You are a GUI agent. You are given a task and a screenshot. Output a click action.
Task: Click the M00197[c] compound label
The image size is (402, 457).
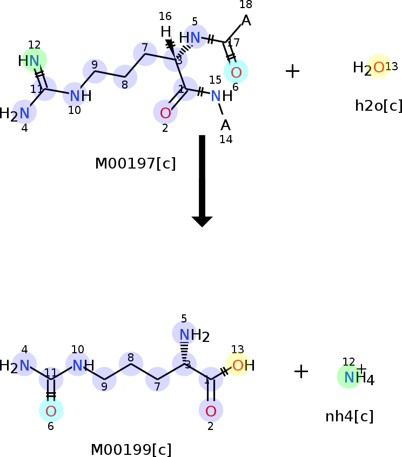pyautogui.click(x=135, y=163)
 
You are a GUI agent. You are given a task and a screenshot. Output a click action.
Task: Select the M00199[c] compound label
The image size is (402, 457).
pyautogui.click(x=131, y=449)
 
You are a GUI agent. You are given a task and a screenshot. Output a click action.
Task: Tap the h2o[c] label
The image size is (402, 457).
pyautogui.click(x=378, y=105)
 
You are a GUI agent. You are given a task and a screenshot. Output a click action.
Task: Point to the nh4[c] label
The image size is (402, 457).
pyautogui.click(x=349, y=416)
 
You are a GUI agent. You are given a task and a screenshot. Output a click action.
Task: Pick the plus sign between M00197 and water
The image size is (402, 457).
pyautogui.click(x=292, y=71)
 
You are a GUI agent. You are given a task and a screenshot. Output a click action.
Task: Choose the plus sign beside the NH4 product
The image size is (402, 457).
pyautogui.click(x=301, y=371)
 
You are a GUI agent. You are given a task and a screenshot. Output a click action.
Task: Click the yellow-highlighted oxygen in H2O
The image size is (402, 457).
pyautogui.click(x=379, y=67)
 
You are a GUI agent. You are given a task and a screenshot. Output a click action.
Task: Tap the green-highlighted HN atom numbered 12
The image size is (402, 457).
pyautogui.click(x=34, y=61)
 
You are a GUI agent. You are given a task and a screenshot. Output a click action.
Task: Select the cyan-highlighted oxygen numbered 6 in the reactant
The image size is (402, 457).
pyautogui.click(x=236, y=72)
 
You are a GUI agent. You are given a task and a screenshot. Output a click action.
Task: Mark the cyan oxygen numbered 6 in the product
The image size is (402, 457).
pyautogui.click(x=51, y=411)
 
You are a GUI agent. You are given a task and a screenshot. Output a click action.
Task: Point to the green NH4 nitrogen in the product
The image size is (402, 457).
pyautogui.click(x=349, y=377)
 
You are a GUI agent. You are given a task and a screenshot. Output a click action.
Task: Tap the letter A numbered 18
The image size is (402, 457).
pyautogui.click(x=246, y=21)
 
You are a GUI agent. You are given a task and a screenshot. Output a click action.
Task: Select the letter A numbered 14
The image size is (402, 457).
pyautogui.click(x=225, y=125)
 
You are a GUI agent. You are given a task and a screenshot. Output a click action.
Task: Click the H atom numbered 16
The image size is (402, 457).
pyautogui.click(x=166, y=32)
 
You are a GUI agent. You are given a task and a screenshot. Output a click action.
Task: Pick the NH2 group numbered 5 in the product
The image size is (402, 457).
pyautogui.click(x=185, y=334)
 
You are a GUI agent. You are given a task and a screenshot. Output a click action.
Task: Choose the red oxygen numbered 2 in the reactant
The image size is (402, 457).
pyautogui.click(x=165, y=113)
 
